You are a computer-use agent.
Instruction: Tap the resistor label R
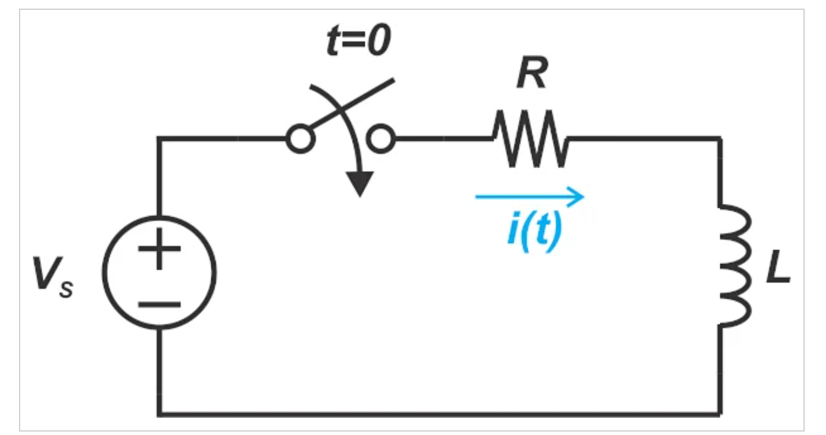pos(532,72)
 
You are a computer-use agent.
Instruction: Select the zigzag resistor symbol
pos(530,139)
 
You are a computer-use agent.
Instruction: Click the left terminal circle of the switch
pos(301,139)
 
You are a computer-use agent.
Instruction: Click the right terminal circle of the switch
pos(380,139)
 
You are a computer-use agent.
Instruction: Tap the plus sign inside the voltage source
pos(159,248)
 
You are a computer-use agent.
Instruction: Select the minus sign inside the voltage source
pos(159,305)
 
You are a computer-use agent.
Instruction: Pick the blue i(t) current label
pos(535,232)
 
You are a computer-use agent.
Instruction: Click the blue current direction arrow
pos(529,197)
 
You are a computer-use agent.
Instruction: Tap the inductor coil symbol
pos(735,266)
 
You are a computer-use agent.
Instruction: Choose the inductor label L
pos(778,266)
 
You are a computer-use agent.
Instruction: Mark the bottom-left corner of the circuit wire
pos(159,414)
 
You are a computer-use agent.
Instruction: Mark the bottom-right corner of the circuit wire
pos(720,414)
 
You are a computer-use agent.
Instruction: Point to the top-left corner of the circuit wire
pos(159,139)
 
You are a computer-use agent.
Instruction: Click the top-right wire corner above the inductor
pos(720,139)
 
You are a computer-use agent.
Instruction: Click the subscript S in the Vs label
pos(66,289)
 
